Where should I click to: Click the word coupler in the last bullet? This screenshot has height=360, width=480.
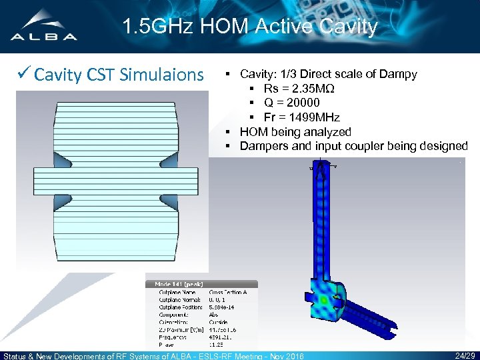365,145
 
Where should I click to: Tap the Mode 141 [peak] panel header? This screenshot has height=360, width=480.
180,284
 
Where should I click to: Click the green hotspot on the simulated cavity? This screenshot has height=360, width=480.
325,301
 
